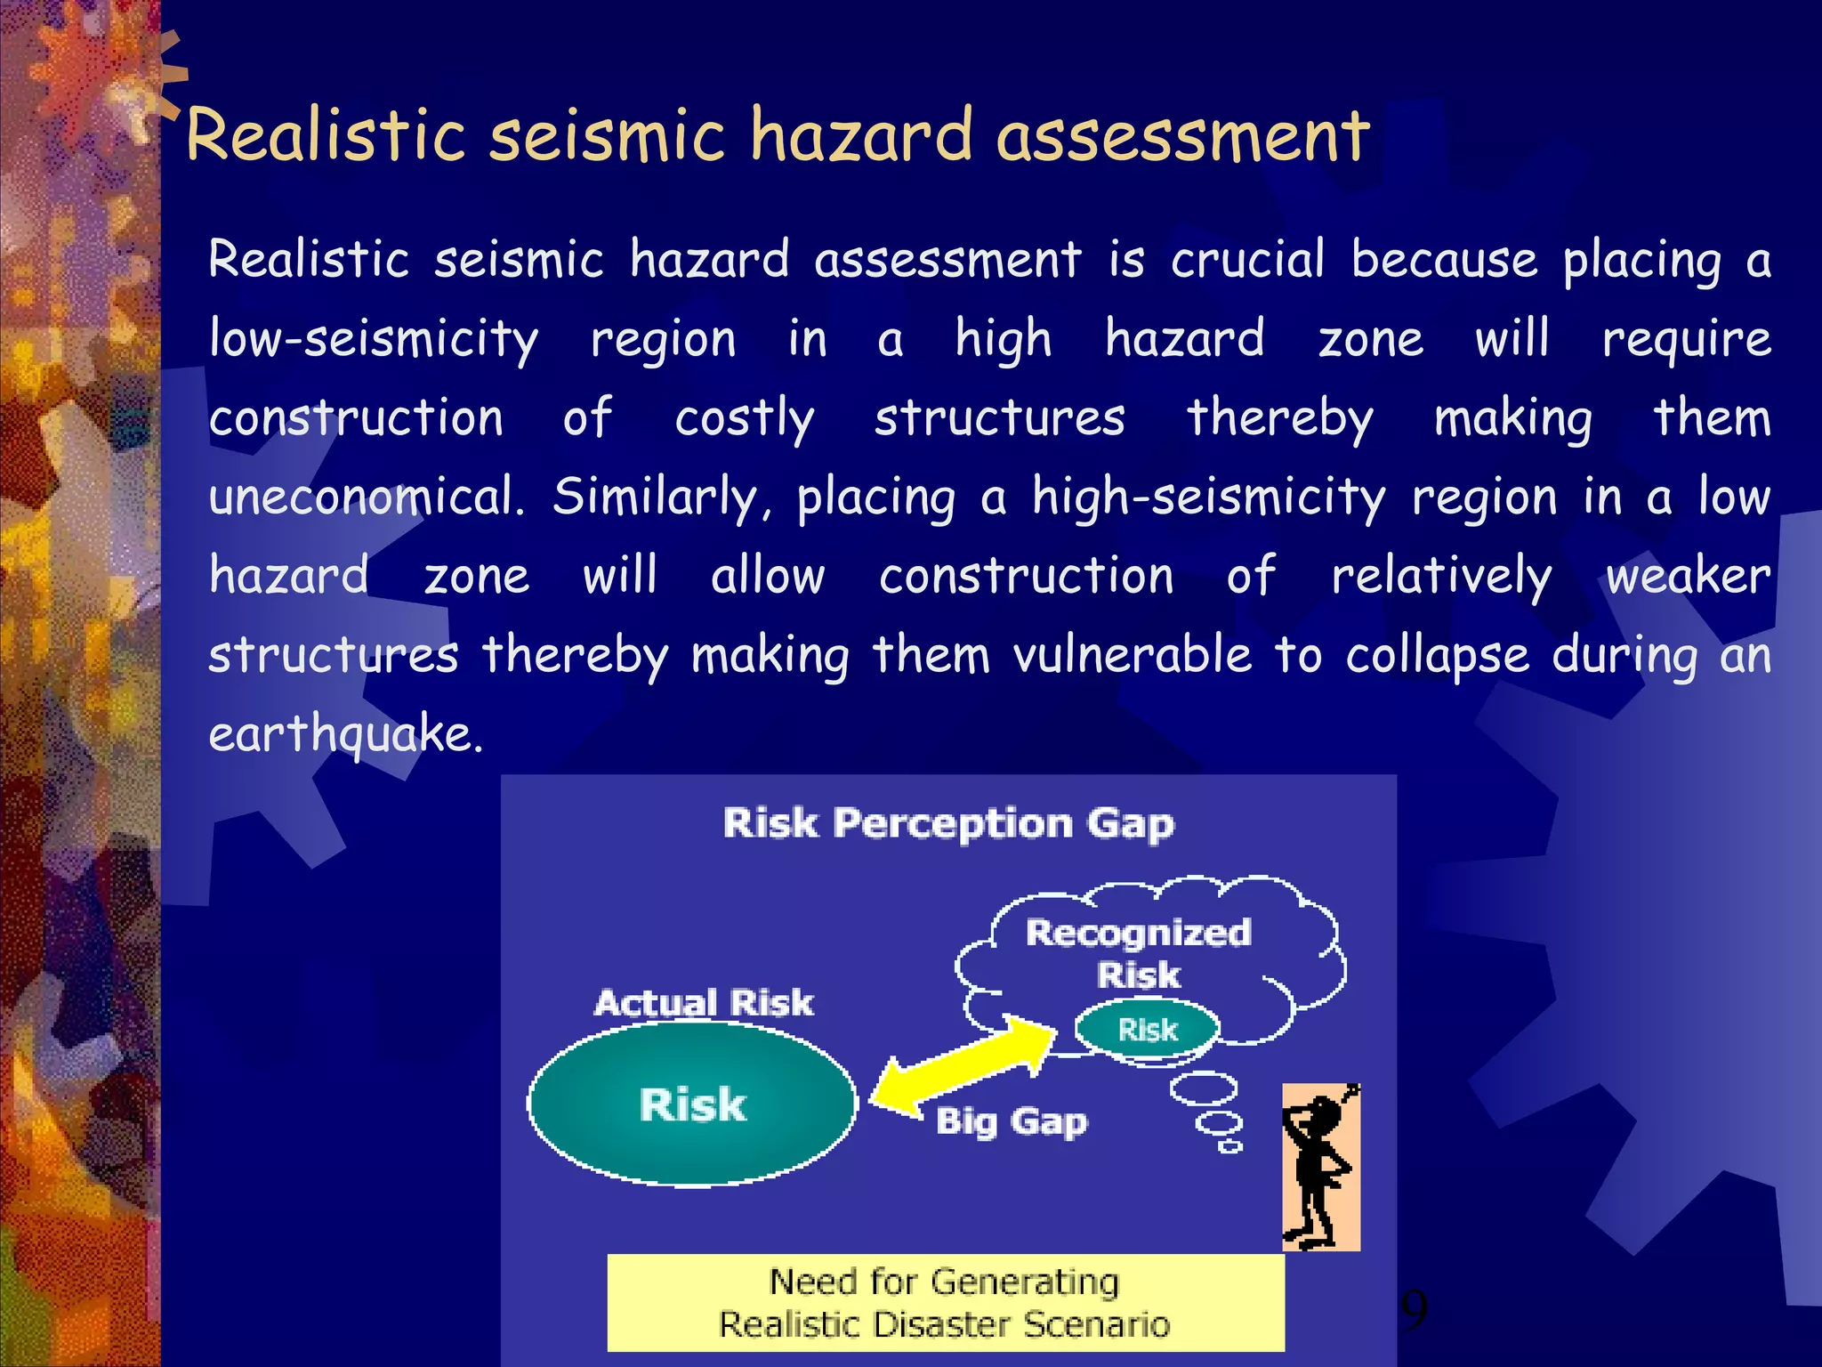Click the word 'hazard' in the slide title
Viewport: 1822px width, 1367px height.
point(861,135)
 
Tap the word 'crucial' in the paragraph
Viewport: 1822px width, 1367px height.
point(1247,260)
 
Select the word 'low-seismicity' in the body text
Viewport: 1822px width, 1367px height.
point(374,340)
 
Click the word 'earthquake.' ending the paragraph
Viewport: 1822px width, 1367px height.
point(345,735)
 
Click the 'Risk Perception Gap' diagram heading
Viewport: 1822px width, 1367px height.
point(948,823)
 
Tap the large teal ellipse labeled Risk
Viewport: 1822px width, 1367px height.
point(692,1104)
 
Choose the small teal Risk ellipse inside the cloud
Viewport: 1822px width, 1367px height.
point(1147,1030)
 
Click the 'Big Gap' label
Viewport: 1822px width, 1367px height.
point(1011,1121)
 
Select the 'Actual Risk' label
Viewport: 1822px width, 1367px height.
point(704,1003)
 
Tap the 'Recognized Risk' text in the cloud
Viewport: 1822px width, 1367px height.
point(1139,953)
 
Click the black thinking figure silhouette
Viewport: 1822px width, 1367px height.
point(1319,1167)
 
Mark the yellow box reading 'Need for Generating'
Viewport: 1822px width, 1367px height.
point(945,1302)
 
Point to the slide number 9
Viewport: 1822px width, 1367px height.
point(1414,1308)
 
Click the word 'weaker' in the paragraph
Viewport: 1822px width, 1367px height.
point(1687,577)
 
